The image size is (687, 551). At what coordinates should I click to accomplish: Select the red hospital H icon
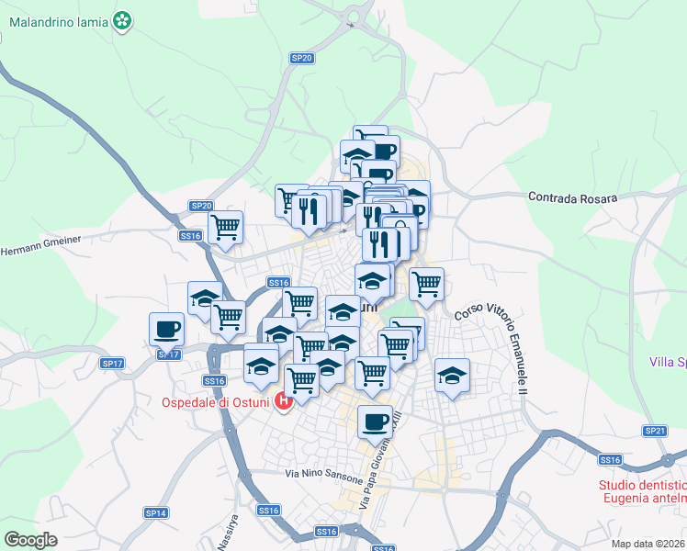284,400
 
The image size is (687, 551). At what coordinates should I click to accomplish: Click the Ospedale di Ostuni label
215,401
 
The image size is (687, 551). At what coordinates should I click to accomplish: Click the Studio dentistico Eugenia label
641,491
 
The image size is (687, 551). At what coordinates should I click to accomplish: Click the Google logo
30,539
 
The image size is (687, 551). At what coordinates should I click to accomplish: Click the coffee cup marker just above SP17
167,328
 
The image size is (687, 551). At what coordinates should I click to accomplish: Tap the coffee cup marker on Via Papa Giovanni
375,422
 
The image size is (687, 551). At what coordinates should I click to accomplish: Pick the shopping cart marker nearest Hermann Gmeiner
225,226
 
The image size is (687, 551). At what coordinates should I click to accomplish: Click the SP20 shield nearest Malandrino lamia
301,58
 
